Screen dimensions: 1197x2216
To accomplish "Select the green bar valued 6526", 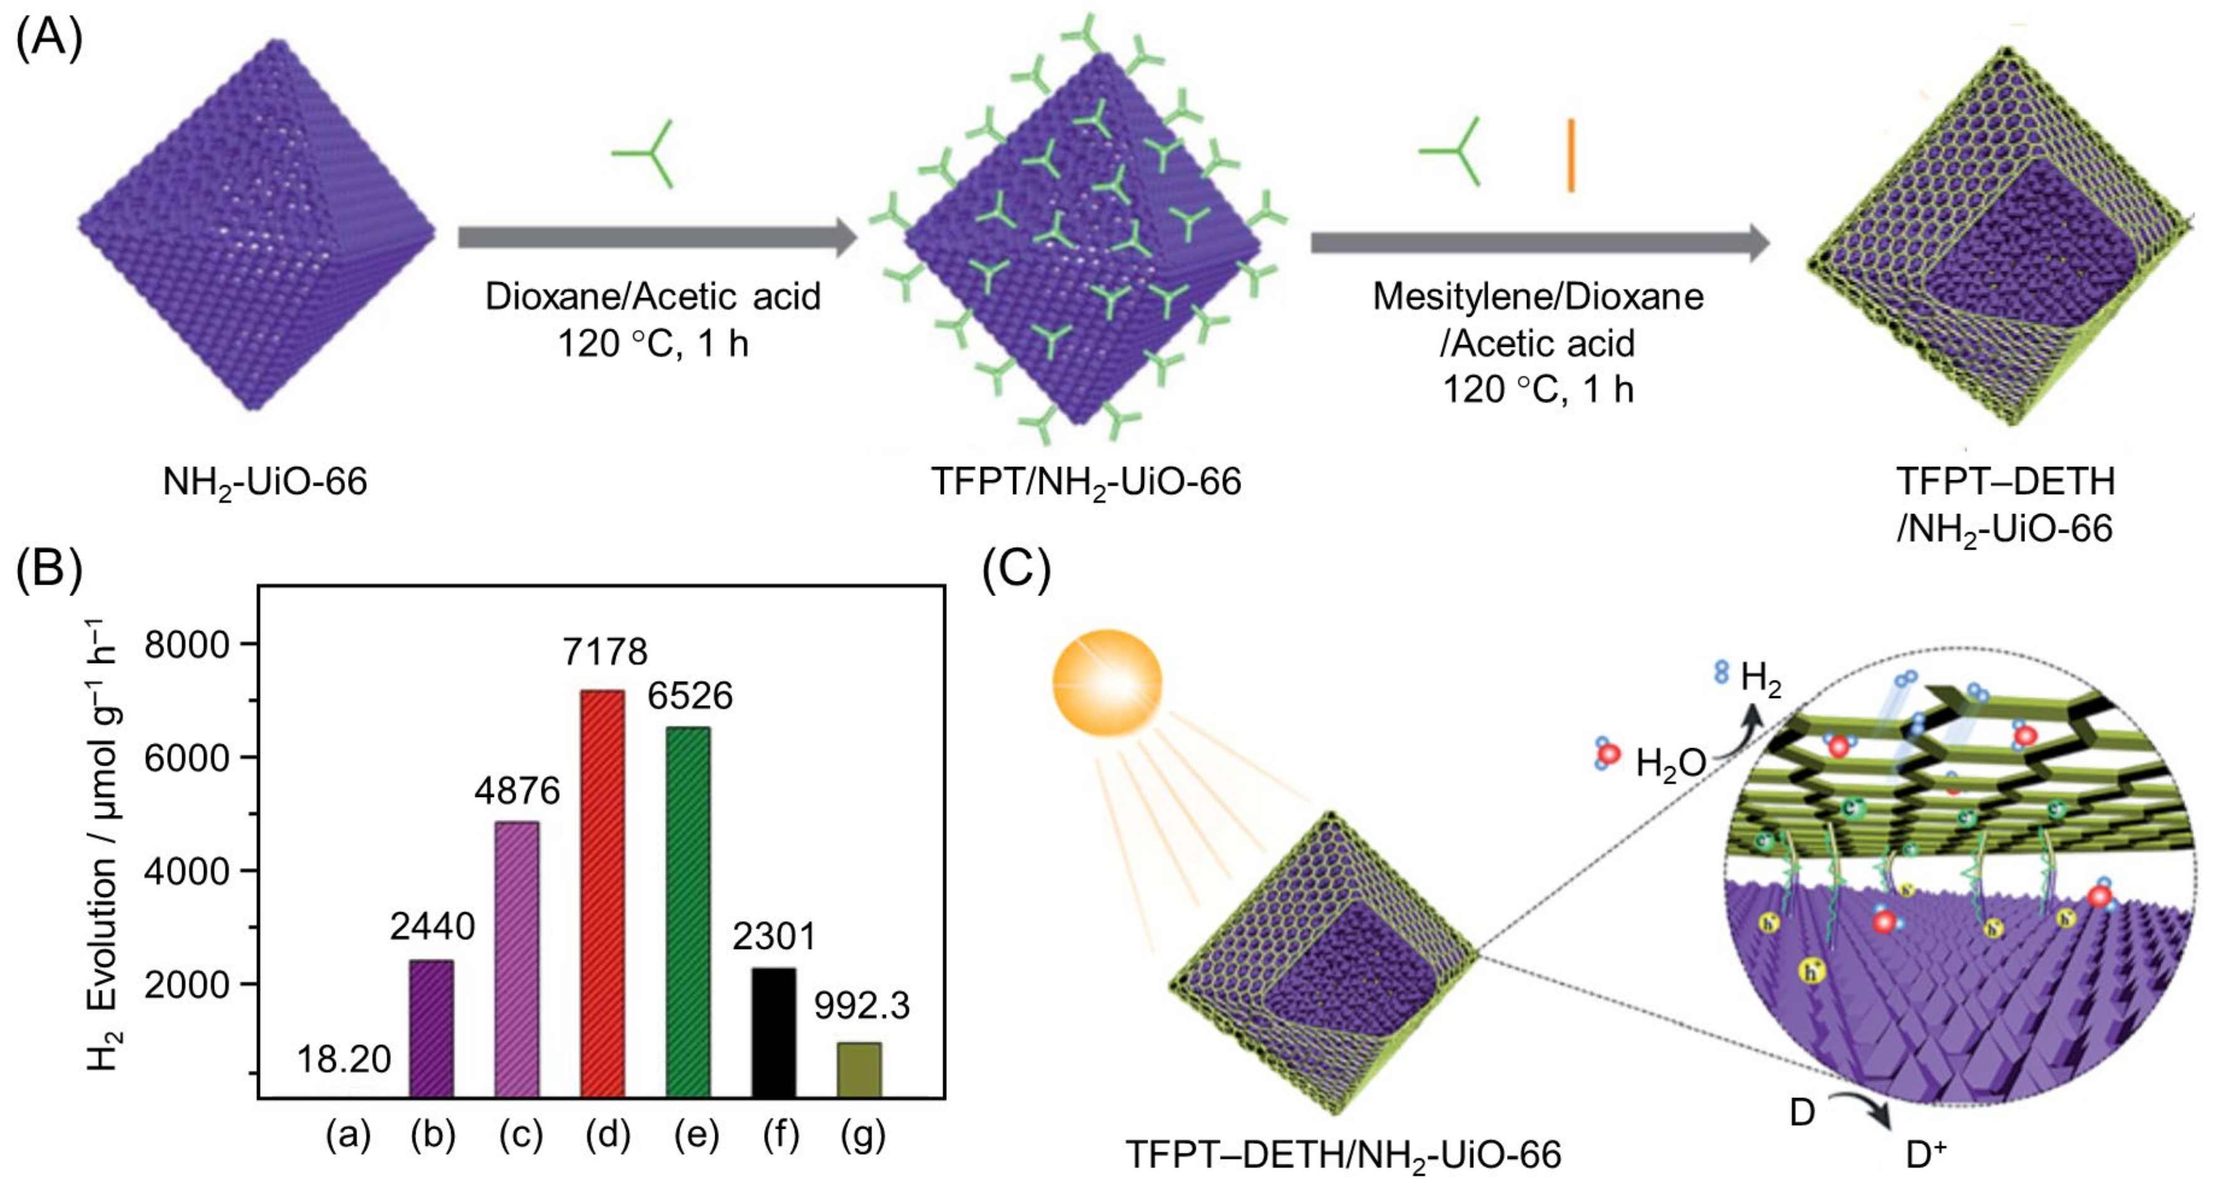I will coord(688,912).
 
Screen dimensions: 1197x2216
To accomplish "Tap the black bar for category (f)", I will coord(774,1032).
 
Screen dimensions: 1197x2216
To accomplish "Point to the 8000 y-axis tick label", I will coord(188,645).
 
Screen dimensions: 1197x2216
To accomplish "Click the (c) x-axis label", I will coord(521,1136).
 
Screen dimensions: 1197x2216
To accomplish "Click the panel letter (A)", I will coord(49,39).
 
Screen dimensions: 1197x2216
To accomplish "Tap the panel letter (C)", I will coord(1016,570).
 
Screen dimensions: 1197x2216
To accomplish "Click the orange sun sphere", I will coord(1107,682).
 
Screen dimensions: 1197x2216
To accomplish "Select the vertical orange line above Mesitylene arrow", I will coord(1570,155).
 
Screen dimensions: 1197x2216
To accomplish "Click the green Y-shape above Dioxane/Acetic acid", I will coord(645,154).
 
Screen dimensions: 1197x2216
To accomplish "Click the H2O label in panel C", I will coord(1670,763).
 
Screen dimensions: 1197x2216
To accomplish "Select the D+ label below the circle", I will coord(1925,1155).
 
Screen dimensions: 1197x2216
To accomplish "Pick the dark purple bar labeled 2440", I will coord(431,1029).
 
